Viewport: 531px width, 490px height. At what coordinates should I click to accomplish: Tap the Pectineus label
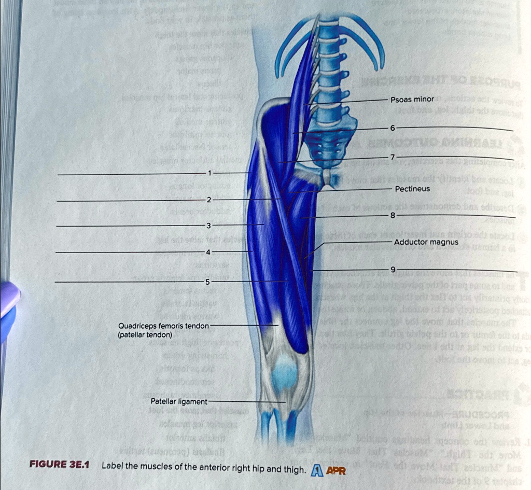click(x=412, y=189)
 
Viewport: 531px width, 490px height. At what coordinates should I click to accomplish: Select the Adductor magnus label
click(x=426, y=242)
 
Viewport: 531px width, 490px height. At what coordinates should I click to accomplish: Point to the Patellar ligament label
click(x=178, y=401)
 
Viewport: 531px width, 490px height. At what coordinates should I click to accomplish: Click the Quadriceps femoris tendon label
click(x=163, y=326)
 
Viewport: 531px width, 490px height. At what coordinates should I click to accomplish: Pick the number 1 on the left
click(x=209, y=173)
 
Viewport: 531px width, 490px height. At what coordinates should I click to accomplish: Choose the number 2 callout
click(x=208, y=200)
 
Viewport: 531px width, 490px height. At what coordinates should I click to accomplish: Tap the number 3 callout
click(x=208, y=226)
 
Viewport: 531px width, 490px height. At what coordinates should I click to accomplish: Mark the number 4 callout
click(x=208, y=252)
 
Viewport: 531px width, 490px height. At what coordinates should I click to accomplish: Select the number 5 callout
click(x=207, y=282)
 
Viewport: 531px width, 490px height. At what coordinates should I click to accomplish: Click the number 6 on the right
click(x=393, y=128)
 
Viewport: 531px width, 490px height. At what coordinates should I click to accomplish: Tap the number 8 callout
click(x=393, y=215)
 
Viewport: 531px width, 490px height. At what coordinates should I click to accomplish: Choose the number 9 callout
click(x=393, y=269)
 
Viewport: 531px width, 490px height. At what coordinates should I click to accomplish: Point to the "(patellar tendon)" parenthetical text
click(x=145, y=335)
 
